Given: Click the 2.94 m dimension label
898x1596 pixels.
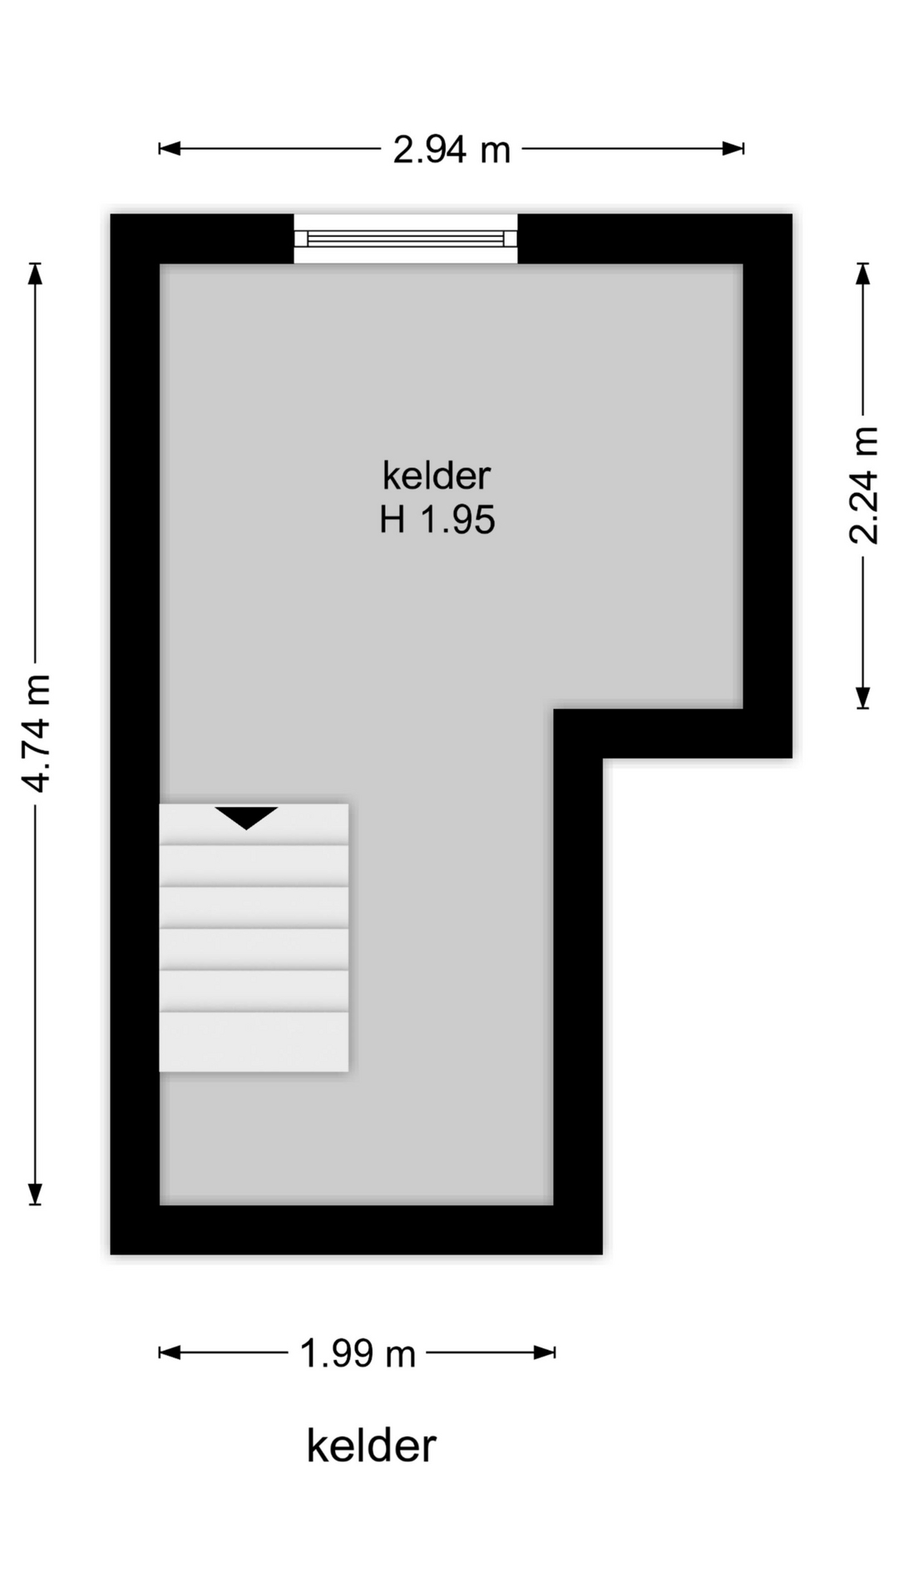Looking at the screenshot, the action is (x=451, y=150).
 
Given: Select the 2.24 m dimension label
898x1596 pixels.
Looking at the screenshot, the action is (x=863, y=485).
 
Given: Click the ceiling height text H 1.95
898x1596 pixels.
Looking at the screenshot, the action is (x=437, y=520).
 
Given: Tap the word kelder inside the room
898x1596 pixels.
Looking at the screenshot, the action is (x=437, y=475).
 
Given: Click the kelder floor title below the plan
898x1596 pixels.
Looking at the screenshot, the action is (x=371, y=1446).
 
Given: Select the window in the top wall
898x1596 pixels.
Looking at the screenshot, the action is (x=406, y=239).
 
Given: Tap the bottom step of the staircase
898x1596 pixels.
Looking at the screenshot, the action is (x=254, y=1042).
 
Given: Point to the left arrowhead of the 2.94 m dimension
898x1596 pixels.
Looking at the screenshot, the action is (x=170, y=149).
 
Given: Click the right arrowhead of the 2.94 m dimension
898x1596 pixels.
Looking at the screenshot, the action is (x=733, y=149).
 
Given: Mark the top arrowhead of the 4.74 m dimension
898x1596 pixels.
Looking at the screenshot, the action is (x=35, y=273).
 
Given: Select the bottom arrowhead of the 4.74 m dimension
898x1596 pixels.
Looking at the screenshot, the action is (x=35, y=1194).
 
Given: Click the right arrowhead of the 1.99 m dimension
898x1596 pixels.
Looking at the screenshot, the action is (x=545, y=1352).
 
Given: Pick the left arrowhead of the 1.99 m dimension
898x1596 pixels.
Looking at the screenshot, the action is (x=170, y=1352).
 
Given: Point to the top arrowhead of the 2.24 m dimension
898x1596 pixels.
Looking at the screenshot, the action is (x=863, y=274).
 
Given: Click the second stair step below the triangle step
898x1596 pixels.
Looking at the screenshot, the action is (x=254, y=907).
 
